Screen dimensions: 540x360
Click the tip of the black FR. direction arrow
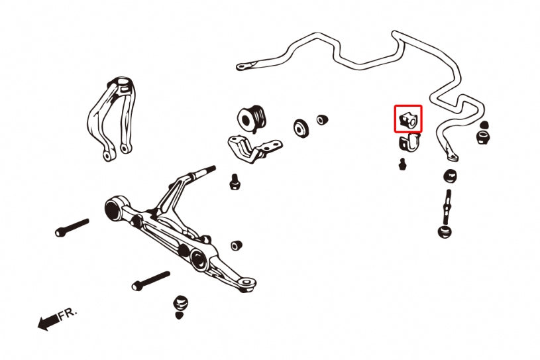pyautogui.click(x=38, y=326)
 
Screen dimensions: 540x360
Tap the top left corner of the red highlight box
pyautogui.click(x=395, y=106)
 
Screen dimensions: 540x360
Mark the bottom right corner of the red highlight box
pyautogui.click(x=422, y=133)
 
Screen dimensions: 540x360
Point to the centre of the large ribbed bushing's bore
pyautogui.click(x=246, y=120)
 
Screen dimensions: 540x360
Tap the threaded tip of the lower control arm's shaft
pyautogui.click(x=213, y=168)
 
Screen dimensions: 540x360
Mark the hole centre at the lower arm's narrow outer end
pyautogui.click(x=246, y=282)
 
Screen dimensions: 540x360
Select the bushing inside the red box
pyautogui.click(x=408, y=119)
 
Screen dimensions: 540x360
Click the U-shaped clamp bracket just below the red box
pyautogui.click(x=410, y=141)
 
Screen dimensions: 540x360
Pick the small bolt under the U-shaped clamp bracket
pyautogui.click(x=402, y=164)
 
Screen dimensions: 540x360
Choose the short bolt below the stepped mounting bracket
pyautogui.click(x=234, y=182)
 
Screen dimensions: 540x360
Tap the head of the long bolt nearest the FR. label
pyautogui.click(x=135, y=286)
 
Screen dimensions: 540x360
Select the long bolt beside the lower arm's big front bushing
pyautogui.click(x=72, y=227)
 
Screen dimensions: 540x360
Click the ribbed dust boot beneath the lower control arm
pyautogui.click(x=180, y=302)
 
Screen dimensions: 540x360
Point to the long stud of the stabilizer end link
pyautogui.click(x=447, y=208)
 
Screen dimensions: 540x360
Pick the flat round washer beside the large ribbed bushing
pyautogui.click(x=301, y=128)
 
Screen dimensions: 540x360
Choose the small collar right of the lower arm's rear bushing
pyautogui.click(x=237, y=245)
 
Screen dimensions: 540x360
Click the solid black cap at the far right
pyautogui.click(x=484, y=125)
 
